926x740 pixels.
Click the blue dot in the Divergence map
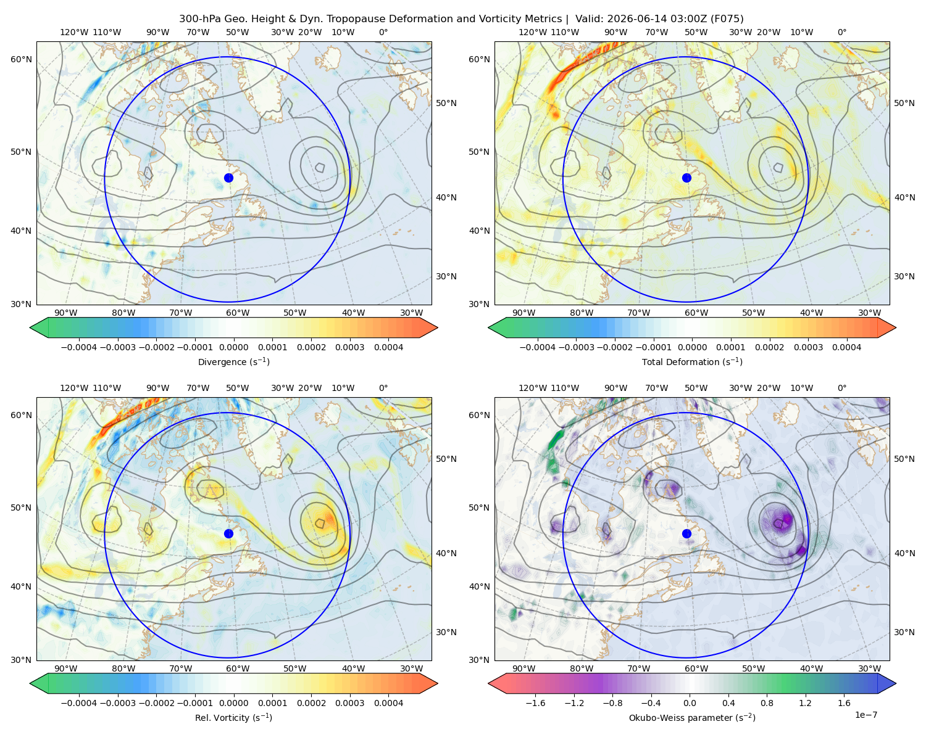(x=228, y=178)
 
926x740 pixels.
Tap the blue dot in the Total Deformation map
(x=686, y=178)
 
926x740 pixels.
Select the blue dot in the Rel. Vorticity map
(x=228, y=533)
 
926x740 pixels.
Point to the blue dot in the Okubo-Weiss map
(x=686, y=533)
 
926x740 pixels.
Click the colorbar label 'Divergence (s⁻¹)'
(x=233, y=361)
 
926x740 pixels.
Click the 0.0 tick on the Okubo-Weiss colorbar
(x=690, y=702)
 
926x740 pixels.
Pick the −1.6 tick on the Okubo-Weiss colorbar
(x=535, y=702)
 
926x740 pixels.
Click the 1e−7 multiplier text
(x=866, y=715)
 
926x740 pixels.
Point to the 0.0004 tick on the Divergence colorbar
(x=388, y=347)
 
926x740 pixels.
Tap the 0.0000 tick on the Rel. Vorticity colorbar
(x=233, y=702)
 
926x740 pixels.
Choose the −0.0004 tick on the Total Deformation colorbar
(x=538, y=347)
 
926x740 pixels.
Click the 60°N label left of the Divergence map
(x=21, y=59)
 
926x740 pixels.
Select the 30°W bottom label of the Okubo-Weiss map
(x=869, y=668)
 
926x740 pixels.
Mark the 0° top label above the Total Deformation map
(x=841, y=32)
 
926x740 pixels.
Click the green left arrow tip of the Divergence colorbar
(x=30, y=327)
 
